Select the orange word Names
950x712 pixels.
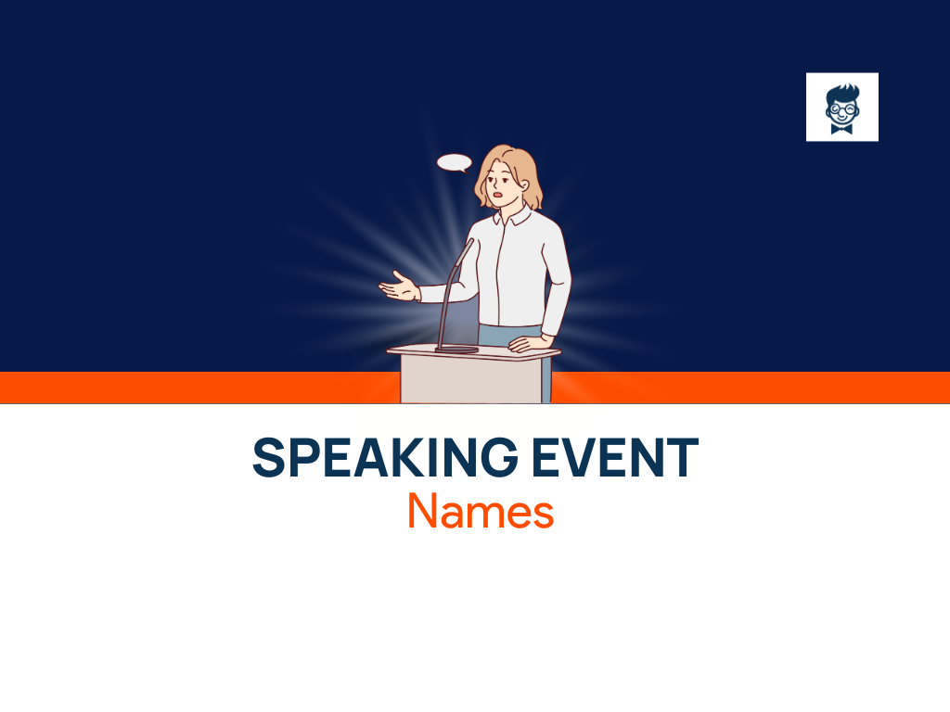click(481, 511)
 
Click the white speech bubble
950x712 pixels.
click(454, 163)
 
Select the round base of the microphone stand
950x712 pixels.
click(456, 348)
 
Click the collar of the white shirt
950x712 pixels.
click(512, 219)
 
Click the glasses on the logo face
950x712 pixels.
click(841, 108)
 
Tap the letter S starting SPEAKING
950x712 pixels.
click(268, 457)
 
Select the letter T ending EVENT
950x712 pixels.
click(683, 457)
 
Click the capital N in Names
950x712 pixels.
click(422, 511)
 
